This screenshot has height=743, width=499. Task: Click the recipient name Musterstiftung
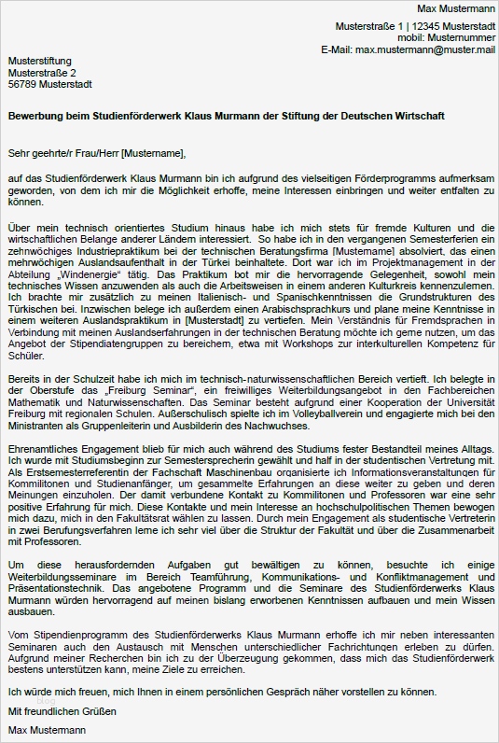tap(39, 61)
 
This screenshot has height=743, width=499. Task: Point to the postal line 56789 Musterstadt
tap(49, 84)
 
